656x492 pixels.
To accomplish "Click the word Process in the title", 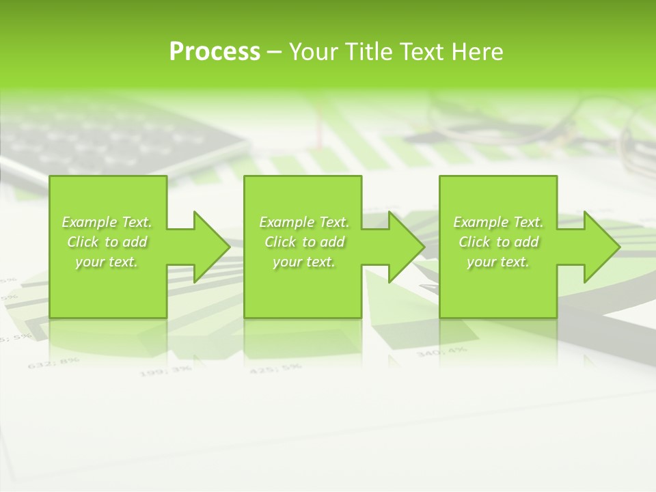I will [215, 52].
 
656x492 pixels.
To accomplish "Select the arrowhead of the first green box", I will [208, 247].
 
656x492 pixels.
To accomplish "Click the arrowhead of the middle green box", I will [402, 247].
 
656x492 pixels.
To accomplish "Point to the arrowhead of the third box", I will [598, 247].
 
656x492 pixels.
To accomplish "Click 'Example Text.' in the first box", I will [107, 222].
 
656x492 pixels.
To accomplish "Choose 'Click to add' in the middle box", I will [304, 242].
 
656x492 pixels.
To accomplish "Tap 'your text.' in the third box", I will [498, 262].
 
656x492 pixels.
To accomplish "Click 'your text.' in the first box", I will [107, 262].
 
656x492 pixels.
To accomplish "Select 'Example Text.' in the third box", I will [498, 222].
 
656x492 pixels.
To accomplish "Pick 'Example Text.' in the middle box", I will [304, 222].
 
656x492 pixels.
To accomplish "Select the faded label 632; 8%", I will [54, 362].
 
